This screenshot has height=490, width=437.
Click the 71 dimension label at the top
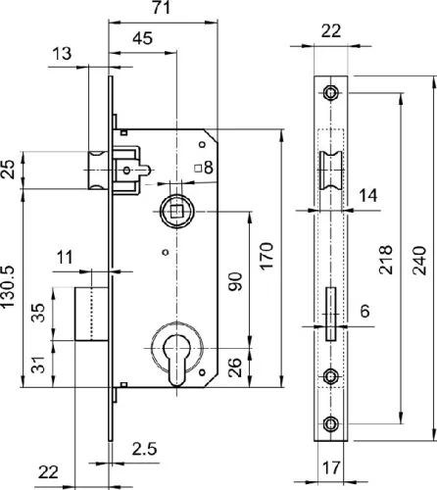[x=162, y=8]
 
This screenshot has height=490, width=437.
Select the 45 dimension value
[x=143, y=38]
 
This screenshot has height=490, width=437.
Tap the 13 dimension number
[x=62, y=54]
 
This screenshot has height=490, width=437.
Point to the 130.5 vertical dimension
[x=7, y=286]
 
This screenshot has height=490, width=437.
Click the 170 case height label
[x=267, y=256]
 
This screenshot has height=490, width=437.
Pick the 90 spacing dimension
[x=235, y=281]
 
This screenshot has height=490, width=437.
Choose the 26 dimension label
[x=235, y=367]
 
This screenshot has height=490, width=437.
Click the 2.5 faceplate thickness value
[x=144, y=449]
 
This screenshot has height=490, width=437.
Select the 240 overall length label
[x=419, y=261]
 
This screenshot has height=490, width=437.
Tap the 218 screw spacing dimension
[x=385, y=260]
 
